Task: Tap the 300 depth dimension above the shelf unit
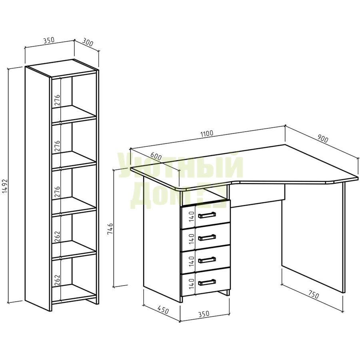point(88,43)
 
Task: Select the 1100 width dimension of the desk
point(207,133)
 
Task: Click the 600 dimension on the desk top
point(156,157)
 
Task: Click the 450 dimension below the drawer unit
point(163,310)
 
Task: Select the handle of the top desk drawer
point(207,215)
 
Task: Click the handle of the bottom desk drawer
point(207,282)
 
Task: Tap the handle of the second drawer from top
point(207,237)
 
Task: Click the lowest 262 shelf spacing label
point(57,280)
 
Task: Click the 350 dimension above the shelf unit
point(49,40)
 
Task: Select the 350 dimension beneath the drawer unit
point(204,314)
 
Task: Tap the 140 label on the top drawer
point(192,216)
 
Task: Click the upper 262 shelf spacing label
point(57,236)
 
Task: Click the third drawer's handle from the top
point(207,260)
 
